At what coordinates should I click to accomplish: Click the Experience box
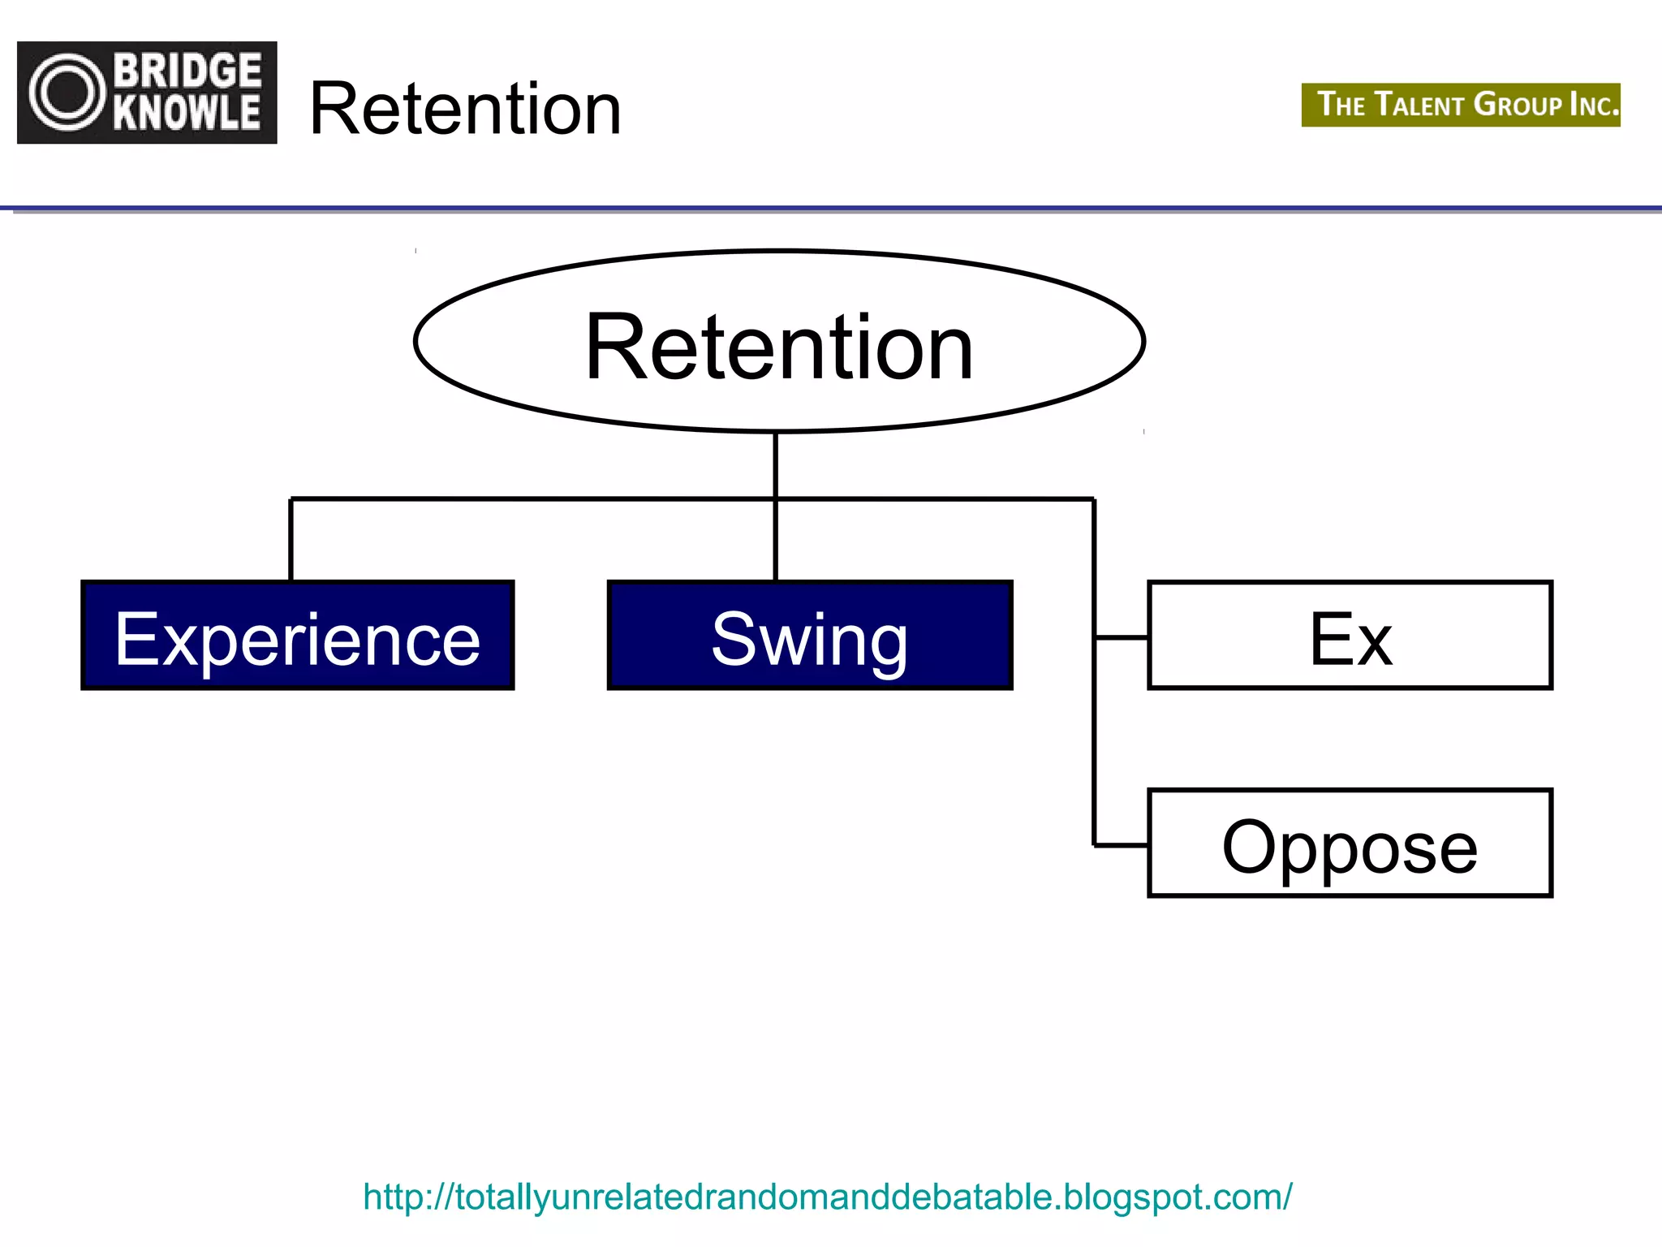pyautogui.click(x=297, y=635)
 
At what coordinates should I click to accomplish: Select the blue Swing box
pyautogui.click(x=809, y=635)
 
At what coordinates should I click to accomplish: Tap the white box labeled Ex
pyautogui.click(x=1349, y=635)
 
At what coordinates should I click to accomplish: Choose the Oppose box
pyautogui.click(x=1349, y=843)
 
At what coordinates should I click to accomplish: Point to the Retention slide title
pyautogui.click(x=465, y=109)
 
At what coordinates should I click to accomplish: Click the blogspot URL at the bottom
pyautogui.click(x=827, y=1197)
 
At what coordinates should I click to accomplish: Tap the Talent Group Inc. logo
pyautogui.click(x=1460, y=105)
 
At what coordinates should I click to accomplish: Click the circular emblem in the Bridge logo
pyautogui.click(x=67, y=93)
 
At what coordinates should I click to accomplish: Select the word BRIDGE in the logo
pyautogui.click(x=187, y=71)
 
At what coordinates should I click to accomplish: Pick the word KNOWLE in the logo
pyautogui.click(x=187, y=113)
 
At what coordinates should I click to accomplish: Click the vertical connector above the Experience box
pyautogui.click(x=291, y=540)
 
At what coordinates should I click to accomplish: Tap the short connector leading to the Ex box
pyautogui.click(x=1121, y=638)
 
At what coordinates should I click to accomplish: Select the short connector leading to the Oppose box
pyautogui.click(x=1121, y=845)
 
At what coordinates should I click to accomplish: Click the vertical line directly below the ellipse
pyautogui.click(x=776, y=464)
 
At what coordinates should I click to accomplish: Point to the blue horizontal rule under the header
pyautogui.click(x=831, y=209)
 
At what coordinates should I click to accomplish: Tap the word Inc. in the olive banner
pyautogui.click(x=1594, y=106)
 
